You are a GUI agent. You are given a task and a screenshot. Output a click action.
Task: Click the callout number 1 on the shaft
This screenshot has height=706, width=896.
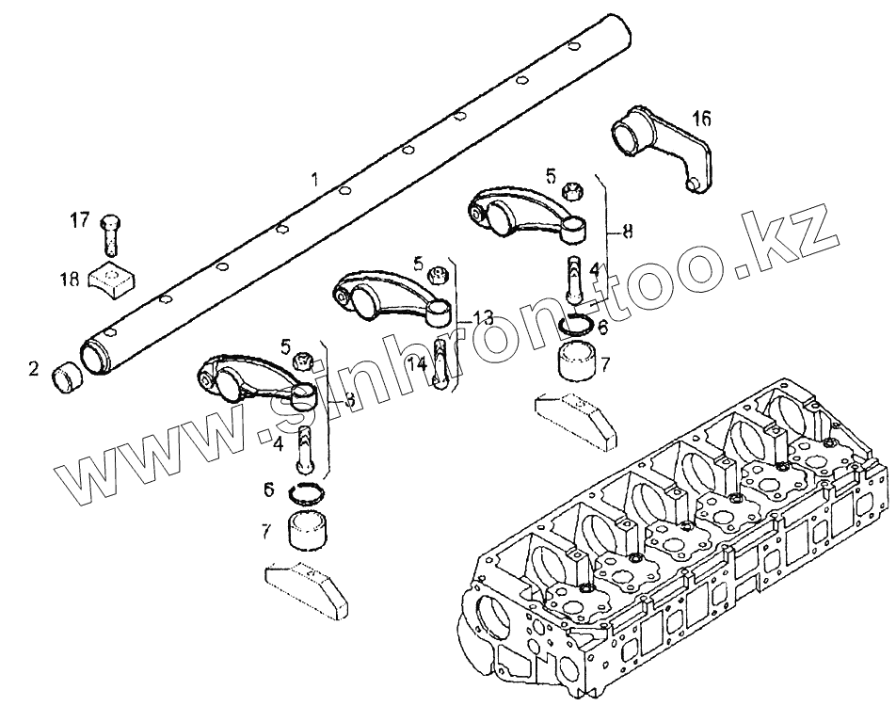click(315, 178)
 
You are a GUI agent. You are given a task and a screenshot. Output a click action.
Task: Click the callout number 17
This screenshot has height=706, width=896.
click(80, 221)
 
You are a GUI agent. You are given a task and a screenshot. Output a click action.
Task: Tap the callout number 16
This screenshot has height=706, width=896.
click(702, 119)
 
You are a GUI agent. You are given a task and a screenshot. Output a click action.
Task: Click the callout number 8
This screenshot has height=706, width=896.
click(626, 229)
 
